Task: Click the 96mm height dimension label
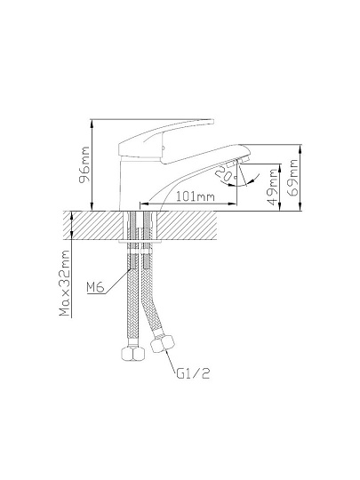[x=84, y=164]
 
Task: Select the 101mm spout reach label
[x=195, y=196]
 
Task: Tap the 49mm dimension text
[x=273, y=187]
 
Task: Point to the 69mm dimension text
[x=293, y=177]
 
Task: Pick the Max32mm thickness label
[x=65, y=283]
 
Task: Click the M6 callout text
[x=95, y=287]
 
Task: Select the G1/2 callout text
[x=193, y=373]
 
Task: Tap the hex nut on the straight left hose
[x=132, y=354]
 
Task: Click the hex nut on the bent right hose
[x=163, y=344]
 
